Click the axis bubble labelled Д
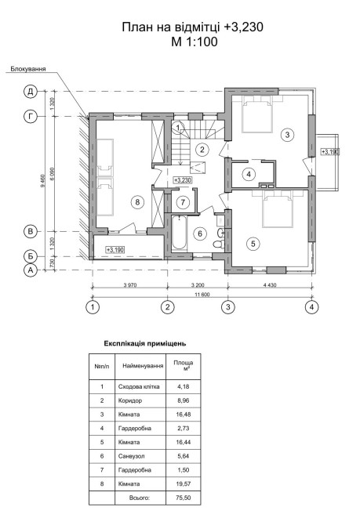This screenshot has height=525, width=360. tap(31, 91)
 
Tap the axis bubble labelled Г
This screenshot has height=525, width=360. tap(31, 117)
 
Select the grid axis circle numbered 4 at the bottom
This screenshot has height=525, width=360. tap(311, 307)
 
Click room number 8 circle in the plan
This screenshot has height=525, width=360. tap(137, 202)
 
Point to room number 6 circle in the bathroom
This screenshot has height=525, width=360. tap(200, 234)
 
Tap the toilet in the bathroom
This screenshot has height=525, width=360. tap(219, 244)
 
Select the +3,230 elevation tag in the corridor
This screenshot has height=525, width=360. tap(182, 180)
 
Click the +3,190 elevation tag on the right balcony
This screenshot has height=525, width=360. tap(330, 152)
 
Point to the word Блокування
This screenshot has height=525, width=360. tap(28, 69)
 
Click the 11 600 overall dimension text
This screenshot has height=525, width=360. tap(202, 295)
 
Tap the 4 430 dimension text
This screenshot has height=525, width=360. tap(270, 285)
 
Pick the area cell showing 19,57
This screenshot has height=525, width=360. tap(184, 483)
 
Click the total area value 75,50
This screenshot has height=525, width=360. tap(184, 498)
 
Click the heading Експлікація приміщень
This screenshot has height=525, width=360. tap(145, 343)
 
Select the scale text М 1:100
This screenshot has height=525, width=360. tap(194, 42)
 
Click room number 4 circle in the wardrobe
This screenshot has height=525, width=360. tap(249, 174)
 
